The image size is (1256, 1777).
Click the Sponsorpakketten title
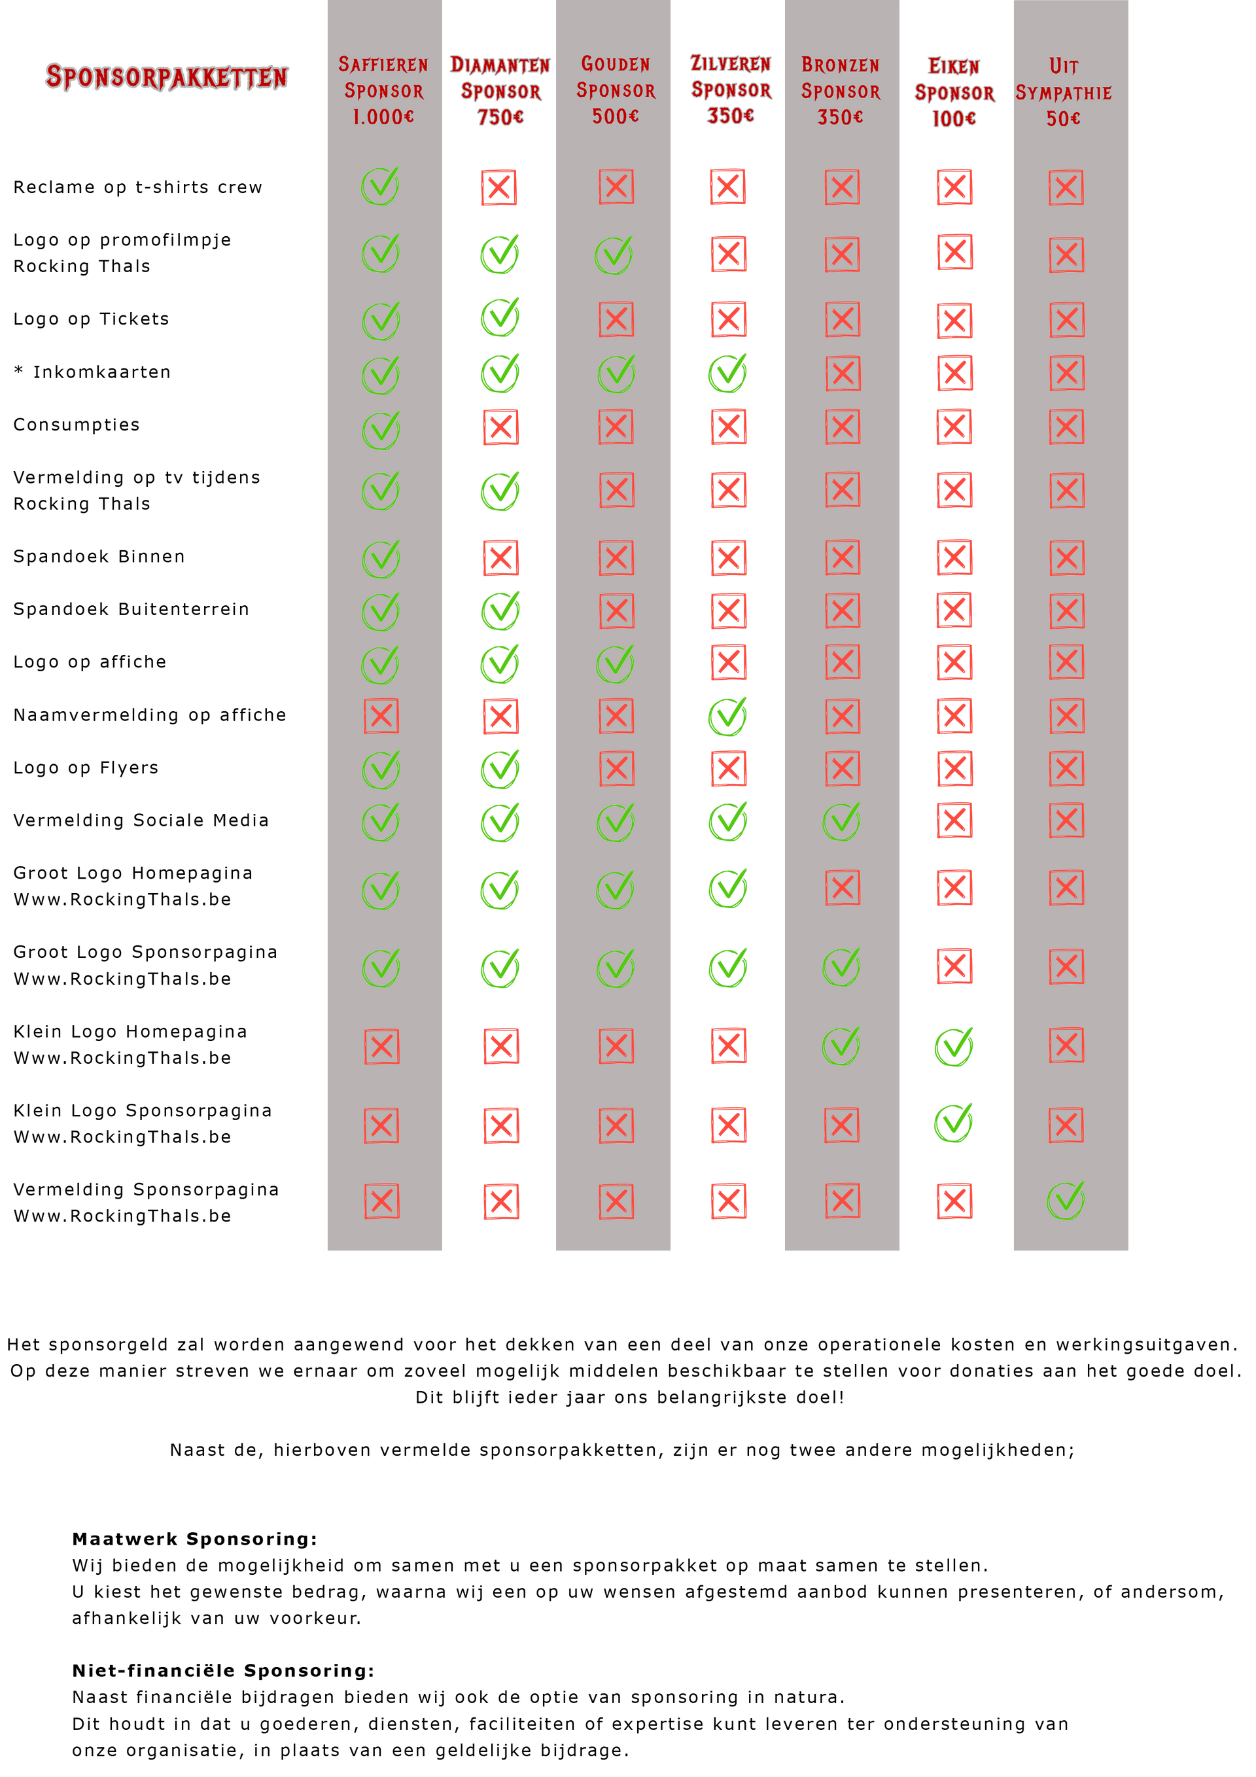166,77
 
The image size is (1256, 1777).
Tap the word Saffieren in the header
383,64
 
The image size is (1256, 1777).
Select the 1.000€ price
383,117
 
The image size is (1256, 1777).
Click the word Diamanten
500,65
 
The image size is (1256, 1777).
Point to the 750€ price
500,118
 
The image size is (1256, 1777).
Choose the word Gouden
615,63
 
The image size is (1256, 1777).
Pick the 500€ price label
615,116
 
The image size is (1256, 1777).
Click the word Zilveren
730,63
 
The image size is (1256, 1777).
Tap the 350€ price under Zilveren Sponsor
730,115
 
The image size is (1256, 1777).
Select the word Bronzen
841,65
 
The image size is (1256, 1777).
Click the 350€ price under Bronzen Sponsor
841,117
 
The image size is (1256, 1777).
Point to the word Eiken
953,67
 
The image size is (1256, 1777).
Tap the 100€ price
953,118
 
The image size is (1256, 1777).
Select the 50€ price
1063,118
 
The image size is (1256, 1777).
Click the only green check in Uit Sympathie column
1066,1201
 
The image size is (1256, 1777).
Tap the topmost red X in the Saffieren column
381,716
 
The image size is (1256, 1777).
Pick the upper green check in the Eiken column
953,1046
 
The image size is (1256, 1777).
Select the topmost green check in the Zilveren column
727,373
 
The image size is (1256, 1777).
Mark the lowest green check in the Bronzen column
841,1046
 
